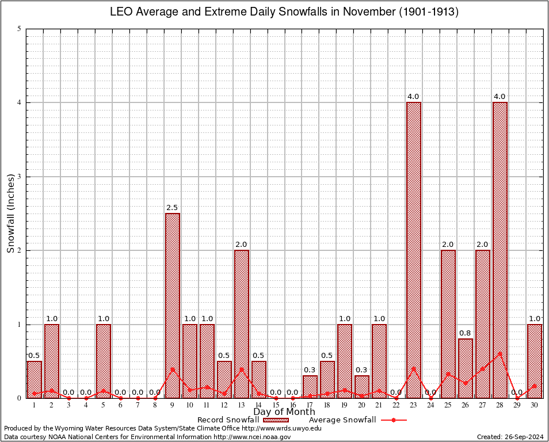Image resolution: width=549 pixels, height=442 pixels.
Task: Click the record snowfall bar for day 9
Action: [x=173, y=305]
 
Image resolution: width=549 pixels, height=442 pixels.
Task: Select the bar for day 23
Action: [x=414, y=250]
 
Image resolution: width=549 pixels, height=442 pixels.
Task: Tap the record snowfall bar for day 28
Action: [x=500, y=250]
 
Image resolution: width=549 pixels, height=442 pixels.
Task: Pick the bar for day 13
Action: [x=242, y=323]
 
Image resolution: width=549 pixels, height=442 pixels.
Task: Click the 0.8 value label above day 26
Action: [x=465, y=333]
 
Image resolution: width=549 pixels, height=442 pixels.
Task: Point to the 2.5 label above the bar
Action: [x=173, y=208]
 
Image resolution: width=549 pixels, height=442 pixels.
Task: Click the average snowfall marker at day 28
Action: [x=500, y=353]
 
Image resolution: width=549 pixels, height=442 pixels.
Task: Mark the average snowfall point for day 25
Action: [x=448, y=374]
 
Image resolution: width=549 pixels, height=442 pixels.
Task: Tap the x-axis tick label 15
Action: [x=276, y=405]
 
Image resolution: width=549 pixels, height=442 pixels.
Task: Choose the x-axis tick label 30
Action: [x=535, y=405]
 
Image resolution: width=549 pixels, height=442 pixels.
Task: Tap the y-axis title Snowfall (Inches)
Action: [x=10, y=213]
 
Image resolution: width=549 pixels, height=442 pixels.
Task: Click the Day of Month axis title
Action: [x=284, y=412]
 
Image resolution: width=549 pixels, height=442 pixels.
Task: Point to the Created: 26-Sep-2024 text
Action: [x=510, y=437]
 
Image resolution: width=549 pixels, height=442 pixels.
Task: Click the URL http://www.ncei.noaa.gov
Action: [x=253, y=437]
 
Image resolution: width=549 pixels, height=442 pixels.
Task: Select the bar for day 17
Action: [x=310, y=387]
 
